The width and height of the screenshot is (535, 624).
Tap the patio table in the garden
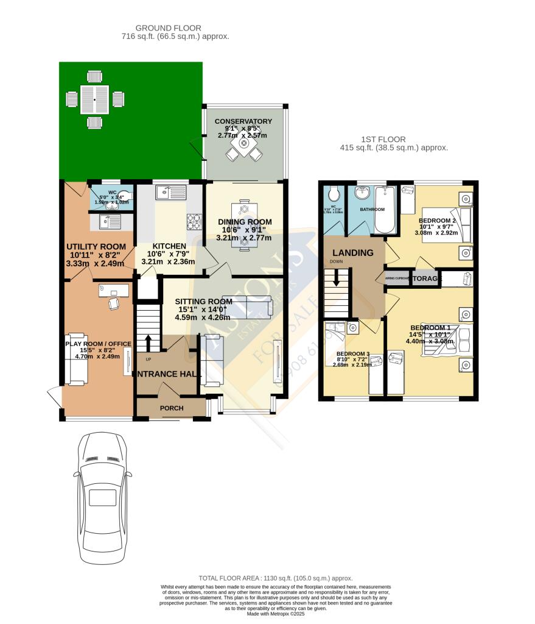[94, 99]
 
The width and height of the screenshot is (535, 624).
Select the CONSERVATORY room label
[243, 121]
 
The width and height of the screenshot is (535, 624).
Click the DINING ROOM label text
[245, 222]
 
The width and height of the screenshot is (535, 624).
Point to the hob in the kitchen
[194, 222]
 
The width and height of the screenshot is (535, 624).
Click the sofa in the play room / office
[76, 359]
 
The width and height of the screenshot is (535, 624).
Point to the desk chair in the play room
[113, 303]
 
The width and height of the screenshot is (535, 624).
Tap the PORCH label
[171, 408]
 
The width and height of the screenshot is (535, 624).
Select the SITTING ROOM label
[204, 301]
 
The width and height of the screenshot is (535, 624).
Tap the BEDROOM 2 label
[437, 221]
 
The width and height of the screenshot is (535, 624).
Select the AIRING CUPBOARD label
[396, 278]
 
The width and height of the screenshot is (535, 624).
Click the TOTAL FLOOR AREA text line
[275, 578]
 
